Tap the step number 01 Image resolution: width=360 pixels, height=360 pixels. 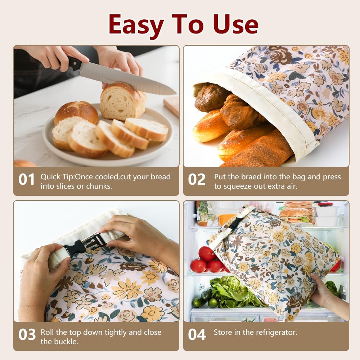click(x=27, y=180)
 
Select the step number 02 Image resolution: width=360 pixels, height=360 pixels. click(x=197, y=180)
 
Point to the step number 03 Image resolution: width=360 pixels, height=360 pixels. click(x=27, y=334)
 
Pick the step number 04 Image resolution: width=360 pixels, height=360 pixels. click(x=197, y=334)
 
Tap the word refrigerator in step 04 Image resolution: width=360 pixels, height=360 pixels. click(x=276, y=332)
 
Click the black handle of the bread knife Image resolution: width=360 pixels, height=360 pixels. click(x=74, y=64)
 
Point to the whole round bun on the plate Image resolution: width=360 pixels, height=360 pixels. click(x=76, y=112)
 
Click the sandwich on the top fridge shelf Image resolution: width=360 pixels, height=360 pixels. click(x=296, y=215)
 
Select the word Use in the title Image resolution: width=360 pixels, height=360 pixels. click(x=235, y=24)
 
